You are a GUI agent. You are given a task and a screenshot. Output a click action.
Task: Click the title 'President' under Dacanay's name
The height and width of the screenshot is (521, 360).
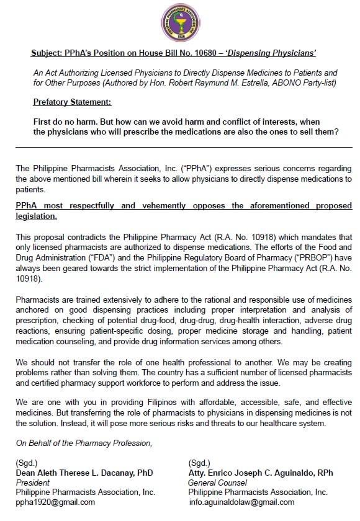pos(33,482)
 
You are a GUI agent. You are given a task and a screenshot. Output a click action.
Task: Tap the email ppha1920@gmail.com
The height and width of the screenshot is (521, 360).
pos(55,502)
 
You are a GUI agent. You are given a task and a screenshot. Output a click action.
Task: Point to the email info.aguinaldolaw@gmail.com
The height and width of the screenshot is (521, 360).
pos(241,502)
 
